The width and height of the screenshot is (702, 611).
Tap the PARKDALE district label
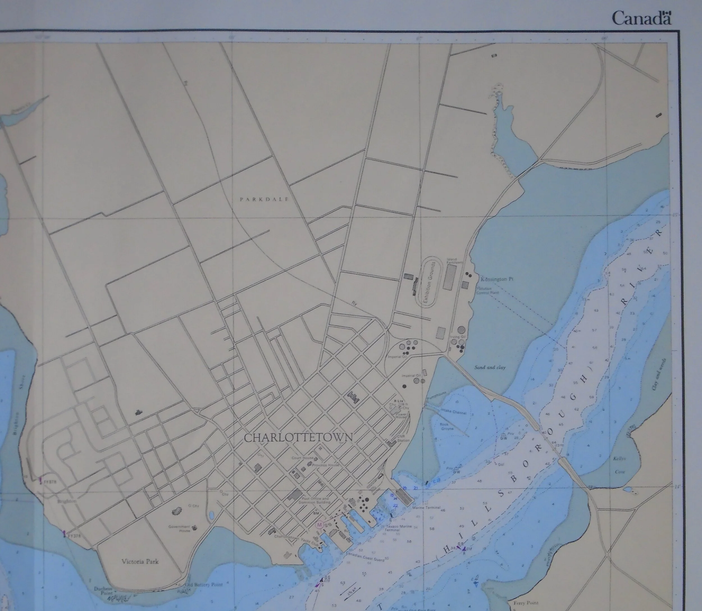point(264,199)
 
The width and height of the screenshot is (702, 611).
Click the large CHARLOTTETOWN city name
point(298,438)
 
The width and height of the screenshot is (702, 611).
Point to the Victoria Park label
point(140,561)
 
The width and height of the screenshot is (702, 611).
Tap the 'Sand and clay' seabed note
point(490,368)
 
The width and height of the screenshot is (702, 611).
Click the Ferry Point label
point(526,603)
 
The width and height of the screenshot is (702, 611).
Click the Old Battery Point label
point(204,585)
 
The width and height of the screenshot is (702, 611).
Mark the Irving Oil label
point(457,336)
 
